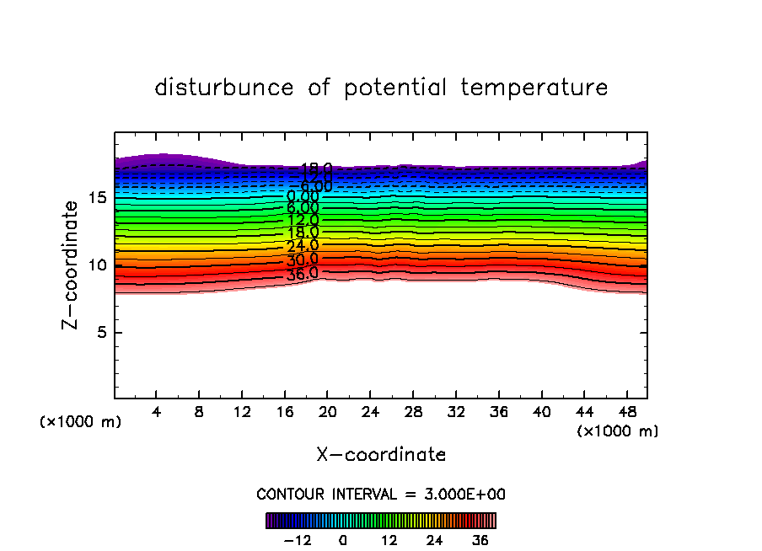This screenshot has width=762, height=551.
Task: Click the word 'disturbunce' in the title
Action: [224, 88]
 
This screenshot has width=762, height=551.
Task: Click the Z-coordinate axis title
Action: [74, 264]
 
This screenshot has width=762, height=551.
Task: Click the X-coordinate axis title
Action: [381, 455]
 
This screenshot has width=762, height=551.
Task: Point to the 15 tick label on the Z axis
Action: [96, 198]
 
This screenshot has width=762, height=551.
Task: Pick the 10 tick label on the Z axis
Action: [96, 265]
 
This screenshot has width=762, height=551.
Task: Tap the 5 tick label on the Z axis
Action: [100, 333]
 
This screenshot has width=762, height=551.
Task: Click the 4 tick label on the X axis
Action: [157, 413]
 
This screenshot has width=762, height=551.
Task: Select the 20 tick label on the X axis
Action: [327, 413]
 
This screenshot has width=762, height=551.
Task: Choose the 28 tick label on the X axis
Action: [412, 413]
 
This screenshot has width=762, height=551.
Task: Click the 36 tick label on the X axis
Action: [497, 413]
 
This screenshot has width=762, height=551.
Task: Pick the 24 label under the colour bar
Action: [434, 540]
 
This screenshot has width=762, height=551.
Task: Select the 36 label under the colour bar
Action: [480, 540]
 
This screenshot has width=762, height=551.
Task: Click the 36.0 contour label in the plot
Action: [302, 273]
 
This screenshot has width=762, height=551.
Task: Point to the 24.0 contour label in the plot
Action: [303, 246]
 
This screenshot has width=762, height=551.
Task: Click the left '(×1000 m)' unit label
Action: [81, 422]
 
